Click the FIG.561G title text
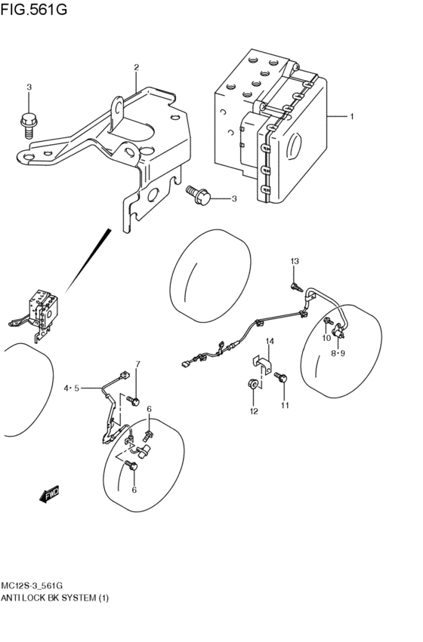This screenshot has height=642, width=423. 33,9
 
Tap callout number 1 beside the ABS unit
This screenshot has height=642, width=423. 351,117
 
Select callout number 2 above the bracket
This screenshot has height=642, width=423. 137,67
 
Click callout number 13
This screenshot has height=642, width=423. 295,261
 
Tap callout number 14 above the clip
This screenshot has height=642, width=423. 270,341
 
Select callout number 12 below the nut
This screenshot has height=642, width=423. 254,411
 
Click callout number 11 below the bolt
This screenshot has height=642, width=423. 285,405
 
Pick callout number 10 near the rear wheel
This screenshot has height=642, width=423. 326,338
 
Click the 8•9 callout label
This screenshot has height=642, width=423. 338,353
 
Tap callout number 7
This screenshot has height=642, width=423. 137,364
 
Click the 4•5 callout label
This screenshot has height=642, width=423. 71,389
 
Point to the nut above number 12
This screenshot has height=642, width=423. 253,384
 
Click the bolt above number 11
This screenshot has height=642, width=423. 281,376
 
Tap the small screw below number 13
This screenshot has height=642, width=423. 296,287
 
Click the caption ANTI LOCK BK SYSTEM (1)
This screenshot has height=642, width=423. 55,598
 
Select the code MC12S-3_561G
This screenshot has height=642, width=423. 32,585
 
